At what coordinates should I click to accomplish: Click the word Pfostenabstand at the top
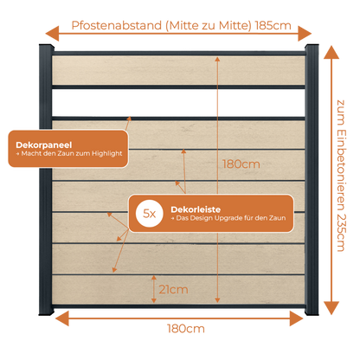pyautogui.click(x=117, y=26)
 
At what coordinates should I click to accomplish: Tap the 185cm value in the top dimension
pyautogui.click(x=273, y=26)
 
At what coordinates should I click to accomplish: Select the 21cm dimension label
pyautogui.click(x=173, y=290)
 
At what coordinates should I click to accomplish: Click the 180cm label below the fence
pyautogui.click(x=186, y=329)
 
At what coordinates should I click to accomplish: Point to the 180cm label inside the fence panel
pyautogui.click(x=241, y=164)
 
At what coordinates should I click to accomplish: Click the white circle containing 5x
pyautogui.click(x=150, y=214)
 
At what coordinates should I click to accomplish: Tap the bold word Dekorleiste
pyautogui.click(x=196, y=209)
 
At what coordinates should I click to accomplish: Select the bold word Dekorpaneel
pyautogui.click(x=44, y=145)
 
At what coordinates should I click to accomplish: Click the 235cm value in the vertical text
pyautogui.click(x=341, y=233)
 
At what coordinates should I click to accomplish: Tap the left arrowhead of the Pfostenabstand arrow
pyautogui.click(x=52, y=34)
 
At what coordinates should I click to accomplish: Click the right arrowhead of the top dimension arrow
pyautogui.click(x=305, y=34)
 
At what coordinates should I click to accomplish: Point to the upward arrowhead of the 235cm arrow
pyautogui.click(x=331, y=53)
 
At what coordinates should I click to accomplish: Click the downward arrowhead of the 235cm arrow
pyautogui.click(x=331, y=308)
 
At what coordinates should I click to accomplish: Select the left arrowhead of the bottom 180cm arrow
pyautogui.click(x=62, y=318)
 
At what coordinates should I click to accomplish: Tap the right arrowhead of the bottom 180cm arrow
pyautogui.click(x=296, y=318)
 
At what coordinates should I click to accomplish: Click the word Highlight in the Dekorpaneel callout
pyautogui.click(x=106, y=154)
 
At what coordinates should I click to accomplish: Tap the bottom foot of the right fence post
pyautogui.click(x=312, y=311)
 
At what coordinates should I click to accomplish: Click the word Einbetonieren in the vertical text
pyautogui.click(x=341, y=170)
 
